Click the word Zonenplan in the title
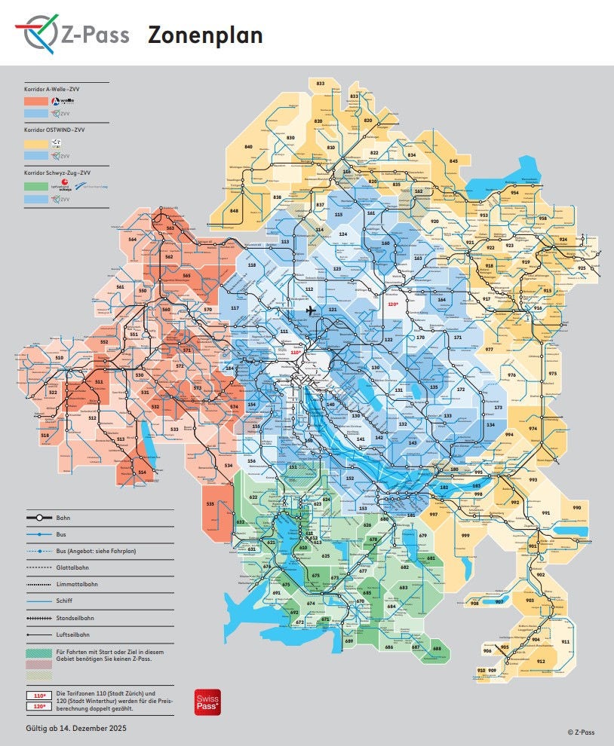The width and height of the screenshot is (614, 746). tap(204, 35)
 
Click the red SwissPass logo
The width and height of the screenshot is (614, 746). tap(207, 701)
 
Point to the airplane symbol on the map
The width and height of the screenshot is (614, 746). tap(310, 310)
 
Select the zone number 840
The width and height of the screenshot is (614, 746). tap(248, 147)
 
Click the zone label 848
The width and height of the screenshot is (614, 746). tap(234, 210)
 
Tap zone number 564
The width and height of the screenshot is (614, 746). tap(132, 239)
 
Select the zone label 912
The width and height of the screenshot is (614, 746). tap(540, 661)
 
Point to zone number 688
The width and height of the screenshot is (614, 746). tap(437, 648)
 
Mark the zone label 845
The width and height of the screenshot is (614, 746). tap(453, 161)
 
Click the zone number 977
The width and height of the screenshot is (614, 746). tap(489, 349)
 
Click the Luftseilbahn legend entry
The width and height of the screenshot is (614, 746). tap(73, 634)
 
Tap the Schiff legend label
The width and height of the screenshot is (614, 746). tap(66, 601)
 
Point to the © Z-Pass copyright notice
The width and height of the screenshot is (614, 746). tap(581, 732)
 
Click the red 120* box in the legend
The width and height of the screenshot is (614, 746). tap(38, 705)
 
